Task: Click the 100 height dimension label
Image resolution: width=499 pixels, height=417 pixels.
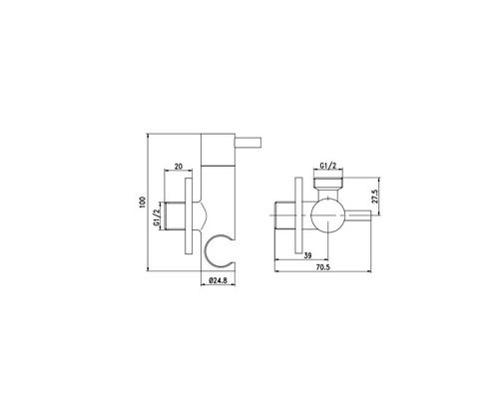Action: (x=143, y=203)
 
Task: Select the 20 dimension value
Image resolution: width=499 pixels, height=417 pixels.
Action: (x=179, y=167)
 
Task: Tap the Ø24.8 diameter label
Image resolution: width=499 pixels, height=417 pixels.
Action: (x=218, y=280)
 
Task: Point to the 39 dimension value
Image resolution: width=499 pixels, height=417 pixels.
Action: (x=308, y=255)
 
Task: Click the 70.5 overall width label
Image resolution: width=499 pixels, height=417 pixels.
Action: (x=323, y=267)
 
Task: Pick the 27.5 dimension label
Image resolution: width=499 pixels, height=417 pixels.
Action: (x=375, y=197)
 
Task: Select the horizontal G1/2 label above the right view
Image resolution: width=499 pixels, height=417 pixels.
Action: (x=328, y=166)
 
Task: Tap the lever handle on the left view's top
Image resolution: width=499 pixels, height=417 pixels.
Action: (x=249, y=142)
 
